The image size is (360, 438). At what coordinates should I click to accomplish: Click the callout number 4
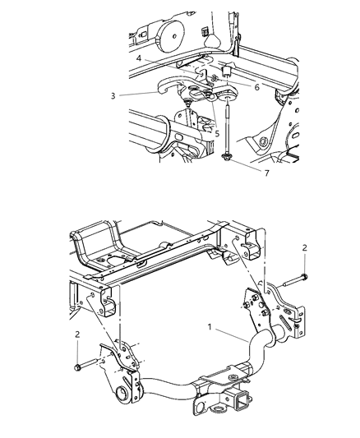139,58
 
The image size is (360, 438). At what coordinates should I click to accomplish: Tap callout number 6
235,87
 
